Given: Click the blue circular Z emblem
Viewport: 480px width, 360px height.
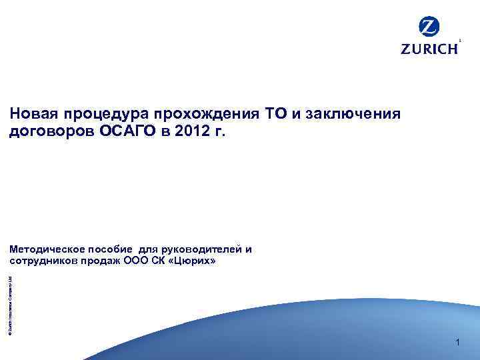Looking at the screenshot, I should coord(429,28).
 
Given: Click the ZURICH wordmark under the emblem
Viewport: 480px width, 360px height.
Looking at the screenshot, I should coord(429,49).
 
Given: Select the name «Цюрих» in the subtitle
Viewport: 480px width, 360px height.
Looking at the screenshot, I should coord(193,260).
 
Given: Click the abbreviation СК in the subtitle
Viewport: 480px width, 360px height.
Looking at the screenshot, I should coord(161,260).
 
